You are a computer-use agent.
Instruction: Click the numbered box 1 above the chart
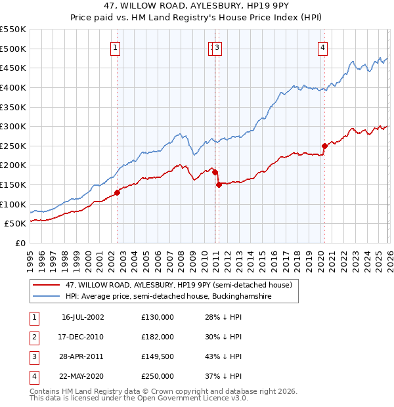116,47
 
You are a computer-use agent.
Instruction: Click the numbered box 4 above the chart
323,47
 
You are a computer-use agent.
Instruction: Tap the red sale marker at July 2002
118,192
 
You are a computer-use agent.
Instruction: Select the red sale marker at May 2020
324,146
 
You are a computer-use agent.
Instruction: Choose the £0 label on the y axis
20,243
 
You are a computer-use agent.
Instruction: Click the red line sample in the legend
47,285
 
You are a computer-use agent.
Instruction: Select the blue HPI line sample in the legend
47,297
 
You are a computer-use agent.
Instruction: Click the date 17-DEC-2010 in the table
82,337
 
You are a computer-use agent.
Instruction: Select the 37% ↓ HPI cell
223,376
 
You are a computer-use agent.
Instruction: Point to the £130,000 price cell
158,317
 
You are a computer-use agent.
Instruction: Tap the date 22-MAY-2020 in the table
82,376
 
